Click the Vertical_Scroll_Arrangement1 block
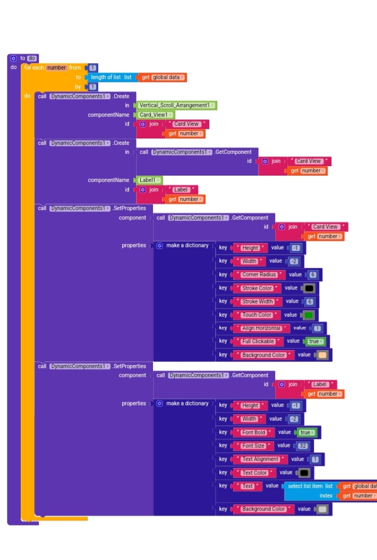click(177, 106)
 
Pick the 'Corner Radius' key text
click(259, 275)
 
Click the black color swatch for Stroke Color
click(309, 288)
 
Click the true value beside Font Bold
click(305, 433)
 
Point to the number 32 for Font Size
click(303, 446)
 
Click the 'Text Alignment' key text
click(260, 459)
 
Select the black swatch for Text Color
click(304, 472)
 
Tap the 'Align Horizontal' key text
click(261, 328)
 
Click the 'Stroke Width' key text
click(258, 302)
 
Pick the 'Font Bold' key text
click(253, 433)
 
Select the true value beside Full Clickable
click(315, 342)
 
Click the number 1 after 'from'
click(92, 68)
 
